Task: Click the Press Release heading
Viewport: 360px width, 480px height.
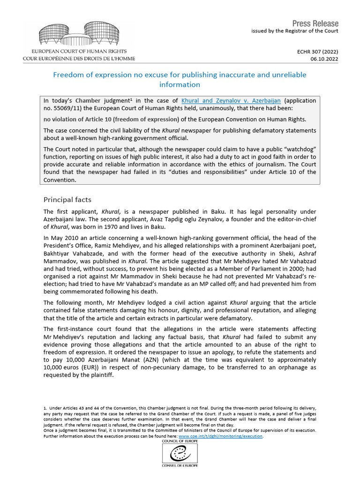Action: (315, 23)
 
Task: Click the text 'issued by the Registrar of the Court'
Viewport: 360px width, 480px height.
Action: (295, 31)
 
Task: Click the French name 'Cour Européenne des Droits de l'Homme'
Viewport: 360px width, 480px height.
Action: (79, 59)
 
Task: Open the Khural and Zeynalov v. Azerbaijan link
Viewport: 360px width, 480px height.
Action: (231, 101)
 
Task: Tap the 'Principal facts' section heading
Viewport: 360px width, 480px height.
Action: (67, 200)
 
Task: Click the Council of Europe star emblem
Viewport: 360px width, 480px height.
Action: (180, 452)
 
